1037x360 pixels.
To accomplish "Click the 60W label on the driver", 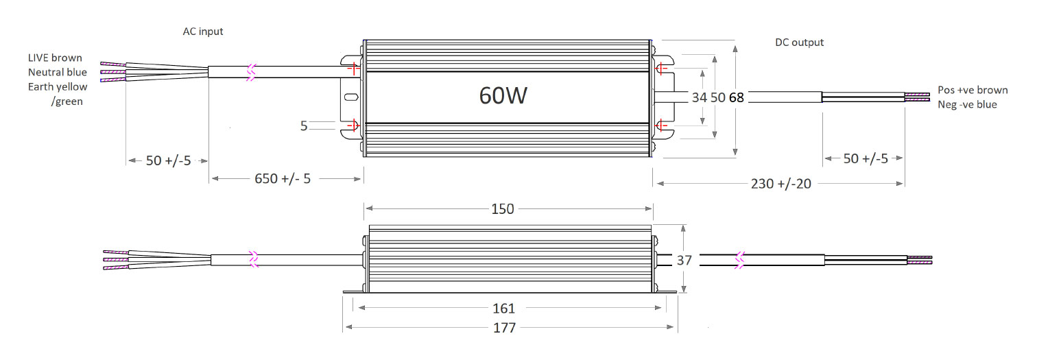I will tap(503, 96).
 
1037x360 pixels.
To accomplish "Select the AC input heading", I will tap(202, 32).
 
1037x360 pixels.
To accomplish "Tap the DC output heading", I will tap(799, 43).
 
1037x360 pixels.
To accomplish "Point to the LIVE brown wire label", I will tap(55, 58).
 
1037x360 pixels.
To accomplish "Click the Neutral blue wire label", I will tap(58, 72).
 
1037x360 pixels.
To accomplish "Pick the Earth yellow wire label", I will tap(58, 86).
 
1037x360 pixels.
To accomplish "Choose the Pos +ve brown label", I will tap(973, 90).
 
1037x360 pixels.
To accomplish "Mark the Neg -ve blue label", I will tap(967, 104).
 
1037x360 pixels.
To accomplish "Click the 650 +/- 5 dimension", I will tap(283, 178).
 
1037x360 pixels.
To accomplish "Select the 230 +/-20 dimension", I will tap(780, 184).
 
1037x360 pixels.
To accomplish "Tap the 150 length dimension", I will tap(503, 208).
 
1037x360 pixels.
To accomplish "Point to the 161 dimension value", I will tap(503, 309).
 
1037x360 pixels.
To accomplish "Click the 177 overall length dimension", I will tap(504, 328).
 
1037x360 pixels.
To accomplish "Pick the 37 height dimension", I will tap(684, 260).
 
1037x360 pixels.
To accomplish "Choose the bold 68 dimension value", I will tap(736, 97).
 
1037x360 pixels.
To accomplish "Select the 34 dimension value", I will tap(699, 97).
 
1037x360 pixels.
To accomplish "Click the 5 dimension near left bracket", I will tap(304, 125).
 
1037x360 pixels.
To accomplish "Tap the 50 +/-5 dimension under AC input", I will tap(168, 160).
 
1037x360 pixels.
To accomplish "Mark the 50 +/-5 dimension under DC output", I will tap(865, 158).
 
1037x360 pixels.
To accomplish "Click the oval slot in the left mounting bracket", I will tap(350, 97).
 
